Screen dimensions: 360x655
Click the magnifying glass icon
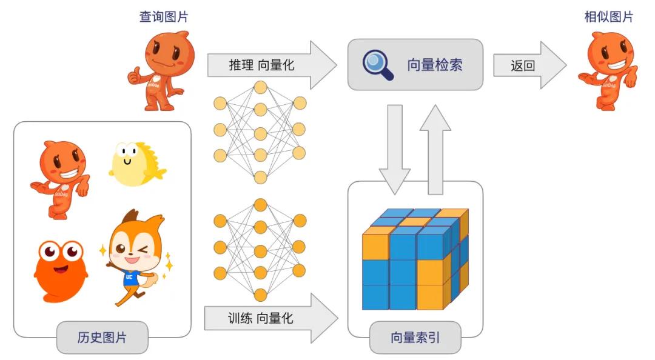pos(377,64)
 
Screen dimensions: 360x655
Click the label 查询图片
pos(164,16)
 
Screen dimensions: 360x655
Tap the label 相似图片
pos(608,16)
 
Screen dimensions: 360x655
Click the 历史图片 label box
pos(102,338)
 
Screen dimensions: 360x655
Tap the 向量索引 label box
pos(415,338)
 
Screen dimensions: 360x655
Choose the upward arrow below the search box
pos(435,148)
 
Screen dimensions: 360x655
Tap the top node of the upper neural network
pos(260,87)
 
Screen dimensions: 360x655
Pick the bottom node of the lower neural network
pos(260,295)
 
